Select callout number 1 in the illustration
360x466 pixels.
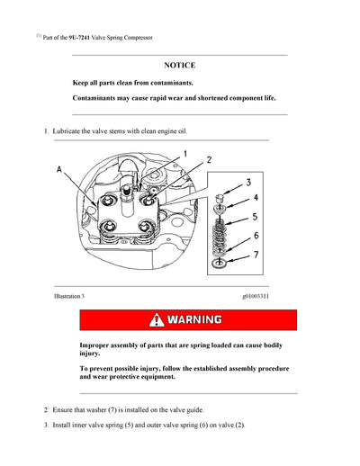(x=185, y=154)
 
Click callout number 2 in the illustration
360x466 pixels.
(x=209, y=160)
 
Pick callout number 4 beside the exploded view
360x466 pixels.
(x=255, y=198)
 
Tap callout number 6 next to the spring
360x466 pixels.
(x=256, y=236)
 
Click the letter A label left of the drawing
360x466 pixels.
(x=59, y=168)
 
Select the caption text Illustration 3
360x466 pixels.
(x=69, y=295)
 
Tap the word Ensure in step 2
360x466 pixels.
(x=66, y=410)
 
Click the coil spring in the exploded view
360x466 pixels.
(x=221, y=236)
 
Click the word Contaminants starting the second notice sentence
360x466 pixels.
(x=101, y=97)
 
